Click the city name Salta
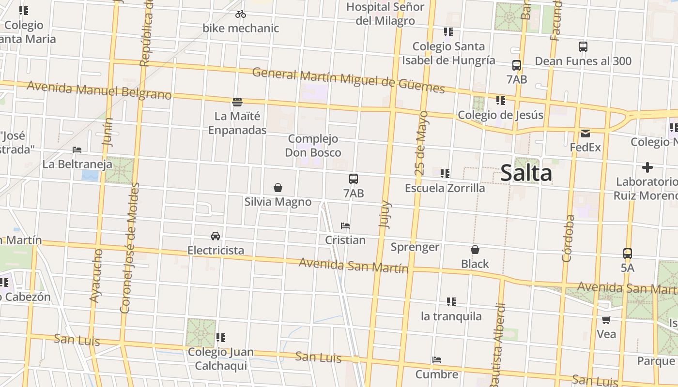click(x=526, y=173)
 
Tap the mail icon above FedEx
click(x=586, y=134)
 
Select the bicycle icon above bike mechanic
click(x=241, y=14)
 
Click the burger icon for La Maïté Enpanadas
click(x=237, y=102)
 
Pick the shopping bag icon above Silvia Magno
click(x=278, y=187)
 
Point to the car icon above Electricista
click(x=216, y=236)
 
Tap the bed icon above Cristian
click(x=345, y=226)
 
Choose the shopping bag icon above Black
click(x=475, y=250)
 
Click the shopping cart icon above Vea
click(x=606, y=320)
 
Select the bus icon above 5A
click(x=628, y=253)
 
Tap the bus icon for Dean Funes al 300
click(x=583, y=47)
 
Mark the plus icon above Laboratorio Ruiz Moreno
click(x=647, y=168)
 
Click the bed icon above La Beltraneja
click(x=77, y=150)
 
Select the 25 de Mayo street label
click(x=421, y=143)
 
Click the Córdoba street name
click(x=569, y=238)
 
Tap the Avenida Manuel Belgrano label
click(x=99, y=90)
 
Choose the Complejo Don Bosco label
click(x=313, y=146)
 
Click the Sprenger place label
click(x=415, y=247)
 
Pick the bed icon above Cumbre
click(x=437, y=360)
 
